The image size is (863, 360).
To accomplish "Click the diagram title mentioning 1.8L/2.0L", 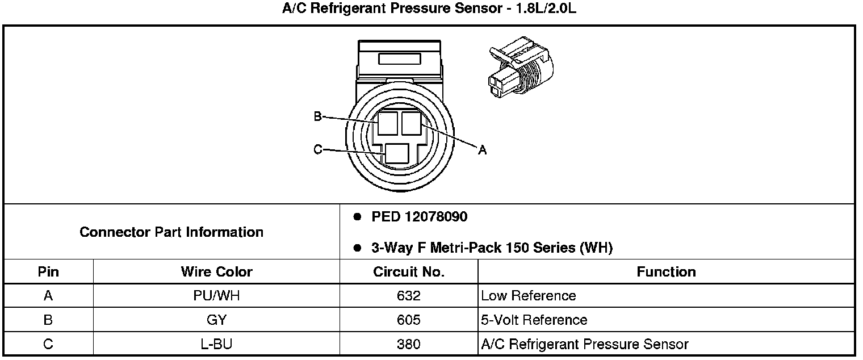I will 430,9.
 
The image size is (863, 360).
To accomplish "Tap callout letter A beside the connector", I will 482,150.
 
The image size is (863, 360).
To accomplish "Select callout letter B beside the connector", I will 317,116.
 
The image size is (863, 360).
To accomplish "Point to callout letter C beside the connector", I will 317,149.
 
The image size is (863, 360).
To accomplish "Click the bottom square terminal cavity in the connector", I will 396,154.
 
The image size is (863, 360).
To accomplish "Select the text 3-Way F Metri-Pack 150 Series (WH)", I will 492,248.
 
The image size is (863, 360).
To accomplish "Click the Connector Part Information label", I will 171,232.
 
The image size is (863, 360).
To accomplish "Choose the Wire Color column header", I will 216,272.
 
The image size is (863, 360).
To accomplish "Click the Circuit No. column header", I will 409,272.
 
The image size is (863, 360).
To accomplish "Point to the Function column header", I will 666,272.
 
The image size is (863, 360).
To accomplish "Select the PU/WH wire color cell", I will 216,296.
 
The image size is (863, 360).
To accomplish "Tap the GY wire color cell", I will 216,320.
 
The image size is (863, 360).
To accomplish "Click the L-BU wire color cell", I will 216,344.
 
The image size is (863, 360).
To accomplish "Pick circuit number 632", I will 409,296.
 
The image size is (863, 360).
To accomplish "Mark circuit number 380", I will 409,344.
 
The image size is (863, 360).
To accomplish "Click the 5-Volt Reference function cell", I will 534,320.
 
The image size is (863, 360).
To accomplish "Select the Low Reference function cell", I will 528,296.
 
